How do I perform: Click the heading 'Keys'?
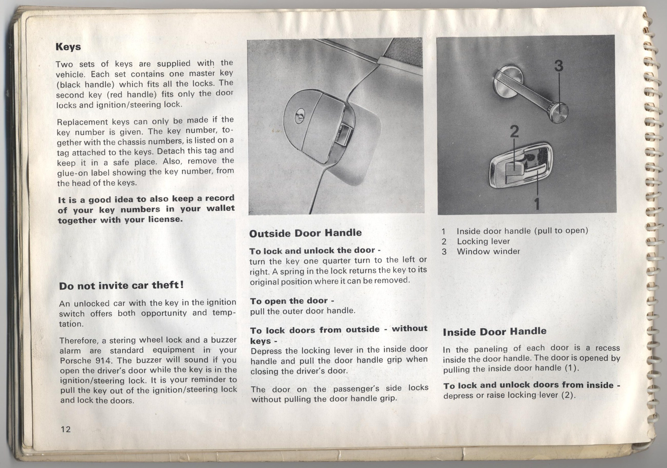(68, 47)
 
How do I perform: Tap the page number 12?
(66, 429)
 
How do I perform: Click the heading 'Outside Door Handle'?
(305, 233)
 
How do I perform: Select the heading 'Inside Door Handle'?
(494, 332)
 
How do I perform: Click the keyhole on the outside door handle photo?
(299, 116)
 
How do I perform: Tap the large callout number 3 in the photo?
(559, 66)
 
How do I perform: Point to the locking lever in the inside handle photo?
(514, 168)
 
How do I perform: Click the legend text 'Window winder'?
(488, 251)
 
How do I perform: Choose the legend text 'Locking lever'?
(483, 241)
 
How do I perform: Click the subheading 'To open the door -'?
(292, 301)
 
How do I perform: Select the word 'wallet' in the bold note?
(220, 208)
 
